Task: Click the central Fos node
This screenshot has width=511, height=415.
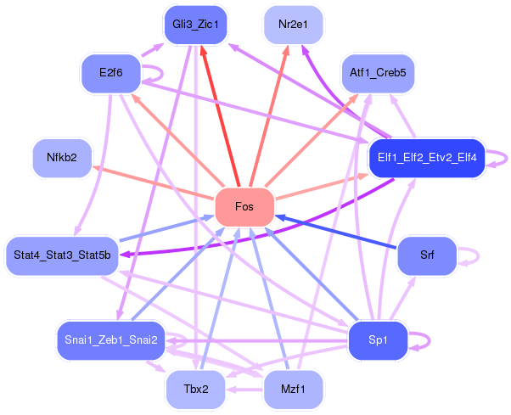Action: coord(244,207)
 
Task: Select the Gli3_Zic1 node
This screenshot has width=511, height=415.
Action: coord(195,25)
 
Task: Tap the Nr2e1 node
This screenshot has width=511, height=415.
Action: coord(293,25)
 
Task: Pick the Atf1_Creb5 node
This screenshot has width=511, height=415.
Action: coord(378,73)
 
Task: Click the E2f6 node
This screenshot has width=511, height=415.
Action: coord(111,73)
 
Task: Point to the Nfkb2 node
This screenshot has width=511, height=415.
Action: coord(62,158)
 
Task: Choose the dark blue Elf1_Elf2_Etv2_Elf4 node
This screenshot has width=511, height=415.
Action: coord(427,158)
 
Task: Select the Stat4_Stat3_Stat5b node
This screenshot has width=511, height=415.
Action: coord(62,255)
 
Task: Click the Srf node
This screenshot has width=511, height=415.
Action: coord(427,255)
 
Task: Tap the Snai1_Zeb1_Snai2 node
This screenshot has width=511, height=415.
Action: coord(111,340)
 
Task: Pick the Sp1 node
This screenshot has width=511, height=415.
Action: coord(378,340)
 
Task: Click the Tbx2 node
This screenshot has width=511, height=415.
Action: coord(195,389)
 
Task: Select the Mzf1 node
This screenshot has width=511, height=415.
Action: coord(293,389)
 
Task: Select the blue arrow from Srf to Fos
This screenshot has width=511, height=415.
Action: coord(336,232)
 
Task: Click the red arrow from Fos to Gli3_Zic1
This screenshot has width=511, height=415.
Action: coord(220,116)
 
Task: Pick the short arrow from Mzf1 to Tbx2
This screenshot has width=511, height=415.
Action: coord(244,390)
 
